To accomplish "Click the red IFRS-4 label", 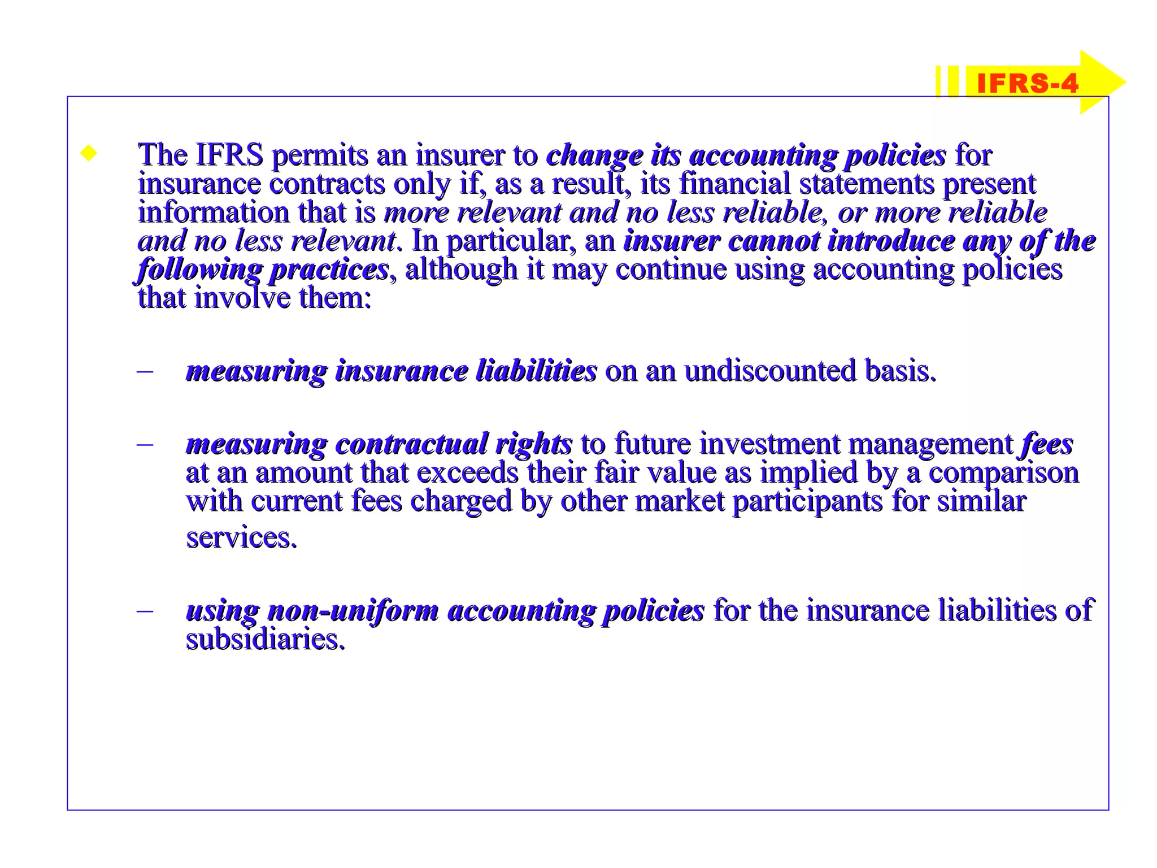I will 1027,84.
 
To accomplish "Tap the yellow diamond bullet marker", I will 89,153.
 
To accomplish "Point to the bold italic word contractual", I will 411,444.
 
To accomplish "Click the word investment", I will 770,444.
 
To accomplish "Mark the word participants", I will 807,501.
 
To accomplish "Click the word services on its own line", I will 241,537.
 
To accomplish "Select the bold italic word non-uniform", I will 353,611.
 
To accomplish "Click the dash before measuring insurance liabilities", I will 145,371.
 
